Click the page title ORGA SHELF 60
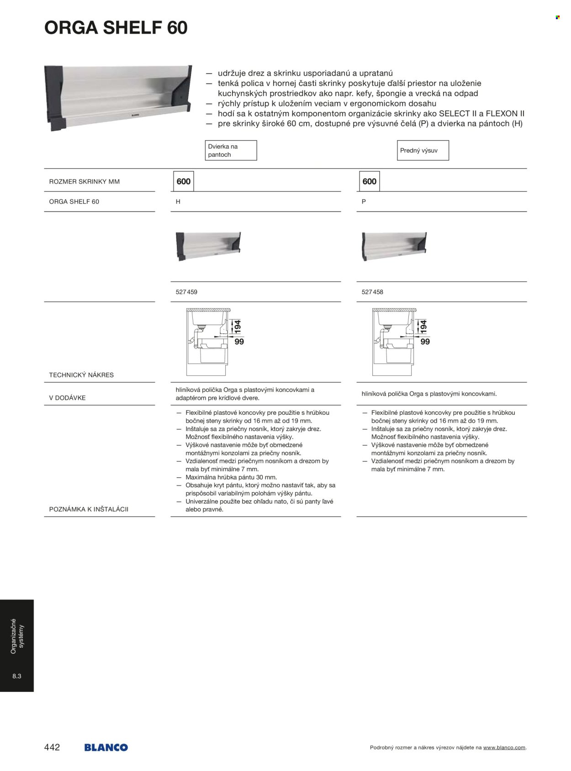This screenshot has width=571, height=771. point(116,28)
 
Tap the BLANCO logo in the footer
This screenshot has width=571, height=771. point(106,747)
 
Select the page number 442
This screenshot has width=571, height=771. point(52,747)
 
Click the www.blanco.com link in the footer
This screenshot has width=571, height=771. point(504,748)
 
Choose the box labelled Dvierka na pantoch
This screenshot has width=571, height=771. point(231,150)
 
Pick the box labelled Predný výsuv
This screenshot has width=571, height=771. point(423,150)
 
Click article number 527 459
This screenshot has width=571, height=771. point(186,292)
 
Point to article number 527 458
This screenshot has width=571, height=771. point(372,292)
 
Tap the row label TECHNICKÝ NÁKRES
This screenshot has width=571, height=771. point(81,375)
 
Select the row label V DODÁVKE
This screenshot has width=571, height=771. point(67,398)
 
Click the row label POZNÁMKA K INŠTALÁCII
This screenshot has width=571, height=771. point(89,509)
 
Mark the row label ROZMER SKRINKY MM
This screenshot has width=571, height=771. point(85,181)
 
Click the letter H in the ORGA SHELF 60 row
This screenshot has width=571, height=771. point(178,201)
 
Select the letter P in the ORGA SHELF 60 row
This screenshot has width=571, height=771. point(364,201)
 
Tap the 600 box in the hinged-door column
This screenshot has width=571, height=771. point(184,181)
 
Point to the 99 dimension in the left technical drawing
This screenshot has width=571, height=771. point(239,342)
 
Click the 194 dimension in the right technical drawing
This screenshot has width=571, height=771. point(423,326)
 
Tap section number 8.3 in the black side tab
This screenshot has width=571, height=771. point(17,676)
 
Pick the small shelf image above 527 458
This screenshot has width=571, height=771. point(394,246)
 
